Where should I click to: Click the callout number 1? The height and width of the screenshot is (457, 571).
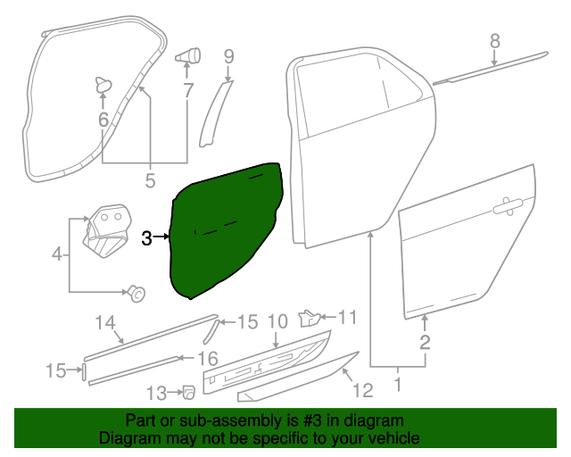pyautogui.click(x=398, y=386)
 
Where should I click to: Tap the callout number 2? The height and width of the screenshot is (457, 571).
pyautogui.click(x=426, y=342)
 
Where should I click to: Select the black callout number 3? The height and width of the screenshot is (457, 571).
pyautogui.click(x=147, y=237)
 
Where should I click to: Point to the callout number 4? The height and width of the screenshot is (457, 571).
pyautogui.click(x=58, y=254)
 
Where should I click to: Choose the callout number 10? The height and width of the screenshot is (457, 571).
pyautogui.click(x=277, y=320)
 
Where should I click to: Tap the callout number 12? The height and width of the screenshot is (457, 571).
pyautogui.click(x=361, y=389)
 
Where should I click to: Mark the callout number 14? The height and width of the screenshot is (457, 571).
pyautogui.click(x=105, y=322)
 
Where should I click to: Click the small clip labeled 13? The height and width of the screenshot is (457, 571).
pyautogui.click(x=189, y=391)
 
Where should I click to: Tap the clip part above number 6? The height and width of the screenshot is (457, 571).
pyautogui.click(x=102, y=85)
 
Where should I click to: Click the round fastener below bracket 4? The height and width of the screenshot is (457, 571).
pyautogui.click(x=137, y=291)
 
